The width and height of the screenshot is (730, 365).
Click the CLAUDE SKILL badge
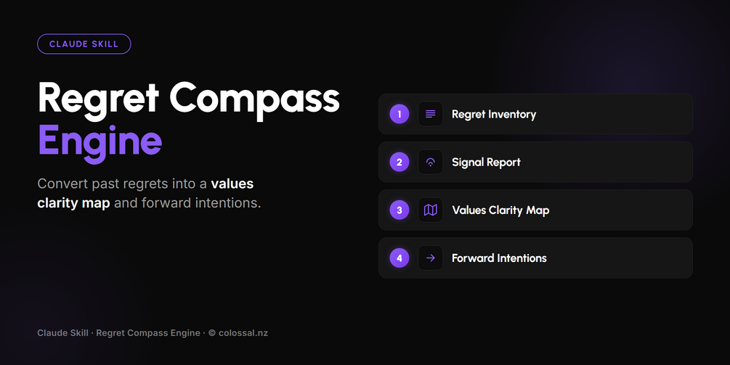[x=84, y=44]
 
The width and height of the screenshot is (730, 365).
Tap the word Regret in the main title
[x=98, y=99]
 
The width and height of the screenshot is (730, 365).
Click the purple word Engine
[x=100, y=142]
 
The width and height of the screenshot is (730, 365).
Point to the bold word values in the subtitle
[x=232, y=184]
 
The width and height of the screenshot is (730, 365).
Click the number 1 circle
[x=399, y=115]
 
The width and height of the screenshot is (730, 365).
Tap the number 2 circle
[x=399, y=163]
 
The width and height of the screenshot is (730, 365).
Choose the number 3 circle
[x=399, y=210]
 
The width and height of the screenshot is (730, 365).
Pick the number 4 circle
[x=399, y=258]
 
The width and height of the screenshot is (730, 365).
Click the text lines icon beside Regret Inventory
[x=430, y=115]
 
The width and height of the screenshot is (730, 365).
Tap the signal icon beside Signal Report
[x=430, y=163]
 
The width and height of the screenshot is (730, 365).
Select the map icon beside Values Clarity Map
[x=430, y=210]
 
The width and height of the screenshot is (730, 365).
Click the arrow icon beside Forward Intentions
[x=430, y=258]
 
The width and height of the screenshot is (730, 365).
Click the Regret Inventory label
[x=494, y=115]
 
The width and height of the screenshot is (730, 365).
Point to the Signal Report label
[x=486, y=163]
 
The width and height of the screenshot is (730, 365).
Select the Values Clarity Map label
[x=500, y=210]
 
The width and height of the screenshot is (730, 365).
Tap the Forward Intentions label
[x=499, y=258]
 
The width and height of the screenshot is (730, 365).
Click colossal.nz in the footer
[x=243, y=333]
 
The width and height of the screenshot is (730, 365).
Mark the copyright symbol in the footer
[x=212, y=333]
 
